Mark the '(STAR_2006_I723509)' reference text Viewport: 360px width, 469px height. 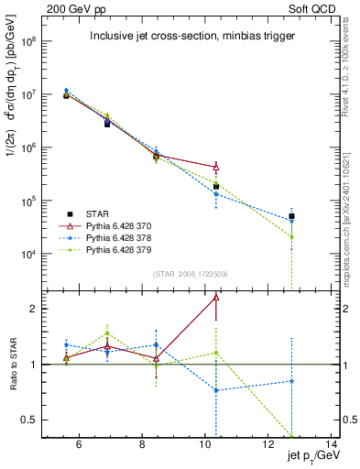tap(191, 273)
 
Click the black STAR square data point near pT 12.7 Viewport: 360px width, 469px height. tap(291, 217)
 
